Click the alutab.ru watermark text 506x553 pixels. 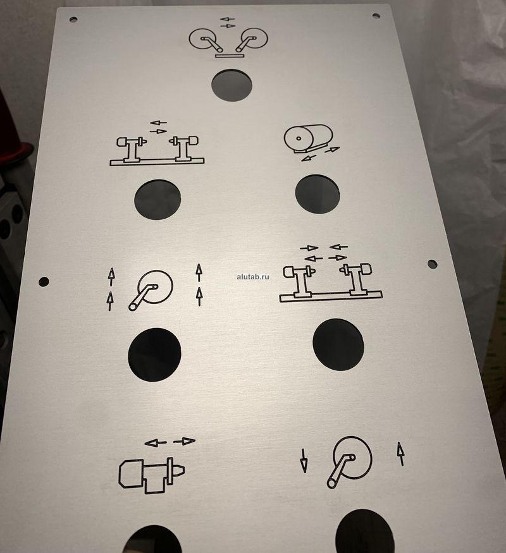pyautogui.click(x=253, y=277)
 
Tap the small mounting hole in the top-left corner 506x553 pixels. pyautogui.click(x=73, y=19)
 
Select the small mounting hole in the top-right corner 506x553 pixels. pyautogui.click(x=376, y=16)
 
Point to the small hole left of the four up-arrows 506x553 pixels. pyautogui.click(x=44, y=281)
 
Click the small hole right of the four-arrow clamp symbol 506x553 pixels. pyautogui.click(x=432, y=264)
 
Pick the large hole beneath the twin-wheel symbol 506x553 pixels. pyautogui.click(x=232, y=85)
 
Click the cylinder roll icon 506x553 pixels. pyautogui.click(x=309, y=138)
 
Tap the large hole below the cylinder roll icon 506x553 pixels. pyautogui.click(x=318, y=194)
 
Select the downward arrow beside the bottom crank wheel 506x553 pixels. pyautogui.click(x=304, y=461)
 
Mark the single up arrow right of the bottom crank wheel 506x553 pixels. pyautogui.click(x=400, y=454)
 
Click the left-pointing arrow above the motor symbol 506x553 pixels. pyautogui.click(x=156, y=442)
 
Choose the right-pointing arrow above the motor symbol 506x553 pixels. pyautogui.click(x=184, y=441)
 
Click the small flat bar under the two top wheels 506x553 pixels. pyautogui.click(x=230, y=56)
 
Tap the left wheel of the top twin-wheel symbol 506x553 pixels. pyautogui.click(x=202, y=39)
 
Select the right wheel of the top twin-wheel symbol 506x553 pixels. pyautogui.click(x=254, y=37)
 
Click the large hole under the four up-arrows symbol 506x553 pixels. pyautogui.click(x=154, y=355)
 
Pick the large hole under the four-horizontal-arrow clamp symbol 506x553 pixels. pyautogui.click(x=338, y=344)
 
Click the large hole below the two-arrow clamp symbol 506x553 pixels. pyautogui.click(x=157, y=200)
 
